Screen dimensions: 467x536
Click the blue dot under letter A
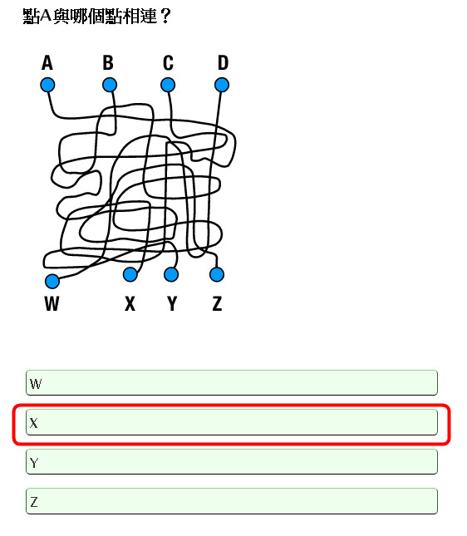point(47,85)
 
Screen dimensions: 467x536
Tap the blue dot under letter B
point(110,85)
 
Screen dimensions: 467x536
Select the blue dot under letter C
point(168,85)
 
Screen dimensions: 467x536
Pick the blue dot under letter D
point(222,85)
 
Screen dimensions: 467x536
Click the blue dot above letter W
point(52,282)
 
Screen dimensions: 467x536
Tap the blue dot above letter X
point(130,274)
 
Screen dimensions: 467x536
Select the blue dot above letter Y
point(171,274)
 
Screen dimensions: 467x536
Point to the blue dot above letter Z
point(217,274)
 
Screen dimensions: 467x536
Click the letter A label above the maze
point(47,63)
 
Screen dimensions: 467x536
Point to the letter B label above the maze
point(108,63)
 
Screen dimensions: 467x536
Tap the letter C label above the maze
point(168,63)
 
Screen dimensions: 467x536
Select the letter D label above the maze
point(223,63)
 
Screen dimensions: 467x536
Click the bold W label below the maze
point(52,303)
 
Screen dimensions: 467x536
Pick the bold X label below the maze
point(130,303)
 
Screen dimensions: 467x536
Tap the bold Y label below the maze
point(172,303)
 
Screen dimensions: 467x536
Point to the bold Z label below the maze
point(218,303)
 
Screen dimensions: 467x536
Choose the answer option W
point(232,383)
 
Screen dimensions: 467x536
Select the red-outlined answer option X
point(232,422)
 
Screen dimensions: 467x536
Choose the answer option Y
point(232,462)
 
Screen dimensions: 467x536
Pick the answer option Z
point(232,501)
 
